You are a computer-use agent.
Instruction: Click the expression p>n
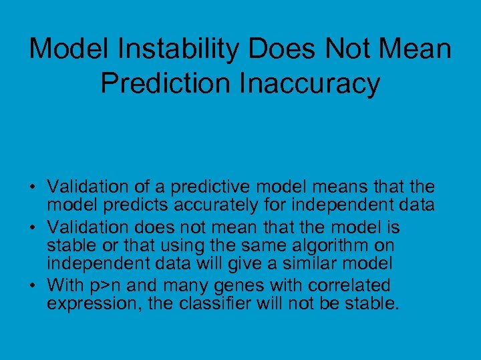click(104, 285)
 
